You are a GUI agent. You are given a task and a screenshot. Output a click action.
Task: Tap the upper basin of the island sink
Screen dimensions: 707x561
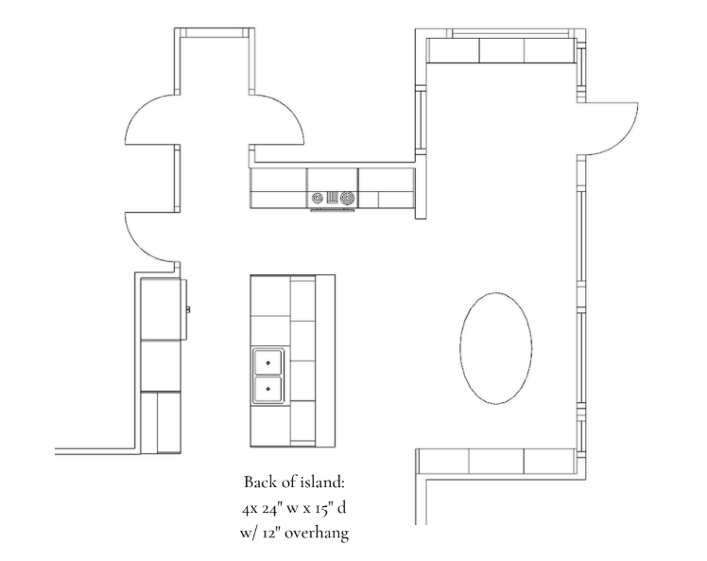[x=268, y=362]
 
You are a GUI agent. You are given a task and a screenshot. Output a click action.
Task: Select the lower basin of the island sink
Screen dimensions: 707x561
[x=268, y=389]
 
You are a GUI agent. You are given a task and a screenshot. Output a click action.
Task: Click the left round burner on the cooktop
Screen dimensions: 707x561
[x=318, y=198]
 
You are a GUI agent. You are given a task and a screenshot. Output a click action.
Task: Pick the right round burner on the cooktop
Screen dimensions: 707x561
[x=347, y=198]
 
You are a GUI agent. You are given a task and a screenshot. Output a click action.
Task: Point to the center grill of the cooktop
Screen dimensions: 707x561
[x=333, y=198]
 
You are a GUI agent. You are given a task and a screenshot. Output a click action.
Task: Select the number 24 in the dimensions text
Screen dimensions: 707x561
[x=272, y=508]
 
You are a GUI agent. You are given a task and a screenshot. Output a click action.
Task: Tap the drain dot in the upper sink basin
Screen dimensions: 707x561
[x=268, y=363]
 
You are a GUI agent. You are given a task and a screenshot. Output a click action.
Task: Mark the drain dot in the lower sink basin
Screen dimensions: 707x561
[x=268, y=389]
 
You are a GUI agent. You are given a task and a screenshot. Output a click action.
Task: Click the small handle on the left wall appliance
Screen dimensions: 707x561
[x=188, y=309]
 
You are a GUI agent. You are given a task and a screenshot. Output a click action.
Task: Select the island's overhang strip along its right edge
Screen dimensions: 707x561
[x=325, y=360]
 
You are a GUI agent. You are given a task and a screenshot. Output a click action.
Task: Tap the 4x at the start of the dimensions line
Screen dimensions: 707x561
[x=250, y=509]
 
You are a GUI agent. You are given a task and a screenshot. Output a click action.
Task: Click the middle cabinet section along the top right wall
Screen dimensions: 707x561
[x=501, y=50]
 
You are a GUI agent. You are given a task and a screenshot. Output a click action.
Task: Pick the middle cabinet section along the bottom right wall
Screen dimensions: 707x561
[x=496, y=462]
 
